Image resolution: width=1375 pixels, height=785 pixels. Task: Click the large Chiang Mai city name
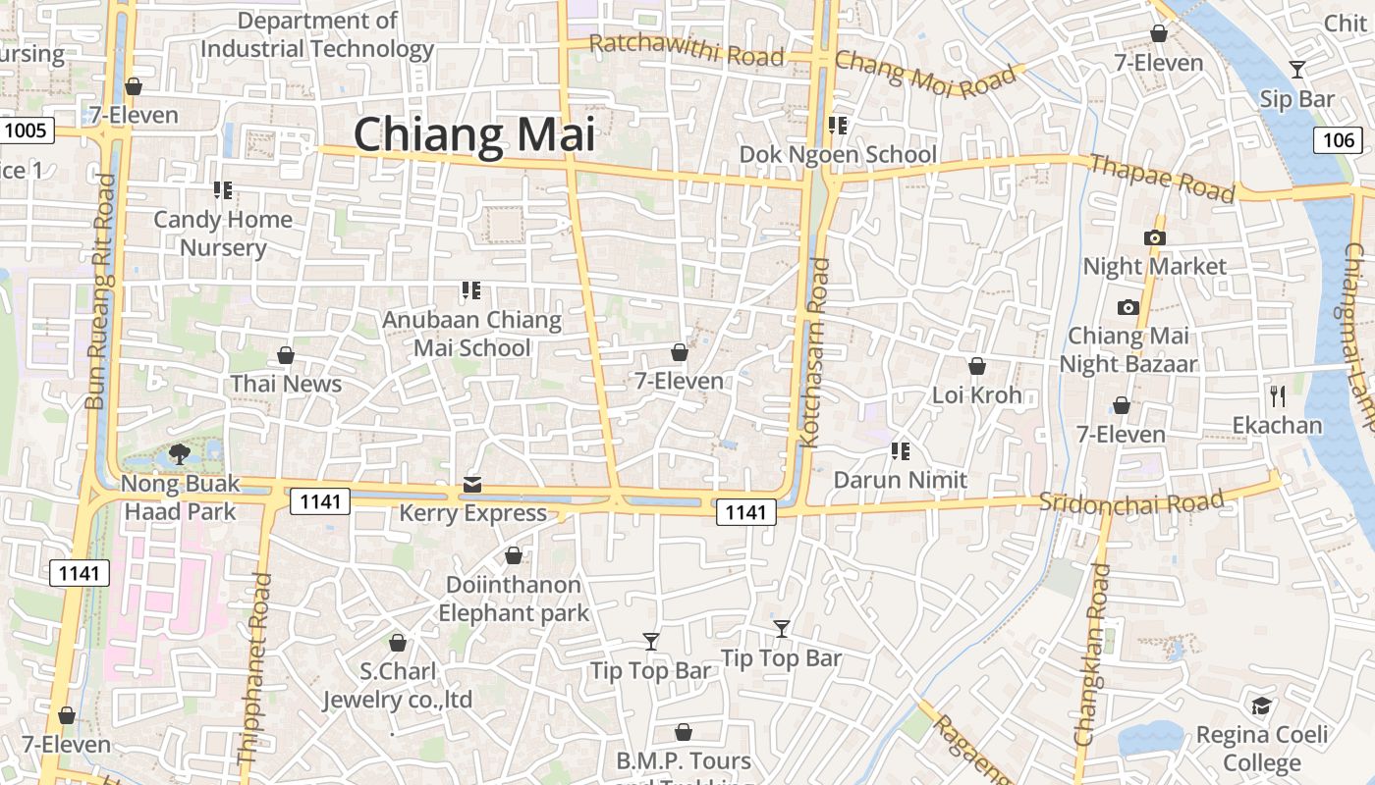(474, 134)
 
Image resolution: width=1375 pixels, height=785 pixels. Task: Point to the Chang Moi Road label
(926, 73)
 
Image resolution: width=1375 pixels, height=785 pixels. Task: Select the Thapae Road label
(1162, 178)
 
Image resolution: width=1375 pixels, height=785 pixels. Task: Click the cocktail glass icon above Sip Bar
(1297, 70)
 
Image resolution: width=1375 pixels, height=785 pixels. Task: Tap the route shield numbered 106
(1338, 140)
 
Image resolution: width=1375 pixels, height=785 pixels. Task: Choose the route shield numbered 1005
(25, 130)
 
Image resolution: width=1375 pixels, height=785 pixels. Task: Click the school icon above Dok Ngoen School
(838, 126)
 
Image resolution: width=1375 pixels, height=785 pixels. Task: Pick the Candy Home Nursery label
(223, 233)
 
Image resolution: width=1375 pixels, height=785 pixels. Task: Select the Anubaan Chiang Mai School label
(471, 334)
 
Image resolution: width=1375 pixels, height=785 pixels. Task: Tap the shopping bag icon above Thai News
(286, 354)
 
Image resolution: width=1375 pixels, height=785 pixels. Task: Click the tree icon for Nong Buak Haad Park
(180, 453)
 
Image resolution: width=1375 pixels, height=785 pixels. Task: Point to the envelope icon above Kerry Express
(472, 484)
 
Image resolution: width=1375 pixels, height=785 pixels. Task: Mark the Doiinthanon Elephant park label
(514, 599)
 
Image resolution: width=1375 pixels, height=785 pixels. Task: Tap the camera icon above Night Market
(1155, 237)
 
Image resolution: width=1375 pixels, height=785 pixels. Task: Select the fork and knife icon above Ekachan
(1278, 396)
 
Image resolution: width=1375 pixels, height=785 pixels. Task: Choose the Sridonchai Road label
(1131, 501)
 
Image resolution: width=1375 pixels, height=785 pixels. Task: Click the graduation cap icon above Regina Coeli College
(1262, 706)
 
